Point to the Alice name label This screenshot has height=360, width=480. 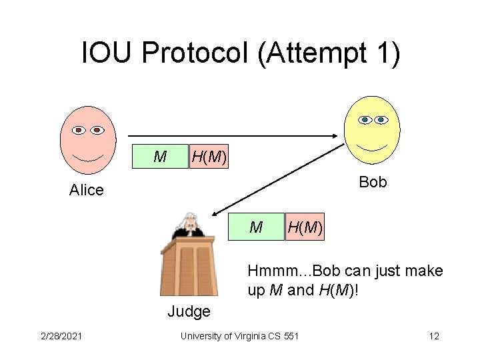tap(87, 190)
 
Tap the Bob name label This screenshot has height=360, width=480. tap(373, 182)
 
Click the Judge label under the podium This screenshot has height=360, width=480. tap(189, 311)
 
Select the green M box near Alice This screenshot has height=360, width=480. tap(160, 157)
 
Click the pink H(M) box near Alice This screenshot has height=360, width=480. tap(209, 157)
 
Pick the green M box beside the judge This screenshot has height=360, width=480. tap(256, 228)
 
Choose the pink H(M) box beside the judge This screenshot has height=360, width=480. tap(305, 228)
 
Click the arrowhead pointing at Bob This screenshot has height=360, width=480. tap(337, 136)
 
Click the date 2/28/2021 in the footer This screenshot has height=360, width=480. tap(61, 336)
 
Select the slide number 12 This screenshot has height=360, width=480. tap(433, 336)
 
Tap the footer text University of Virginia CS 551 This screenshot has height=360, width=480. tap(239, 336)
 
